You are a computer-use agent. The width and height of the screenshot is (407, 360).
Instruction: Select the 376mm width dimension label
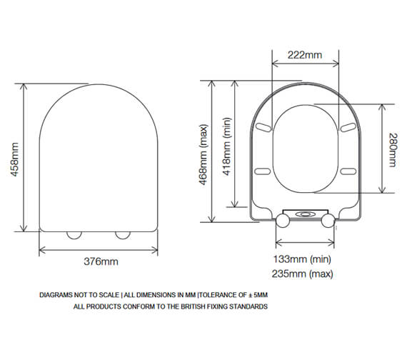tap(98, 261)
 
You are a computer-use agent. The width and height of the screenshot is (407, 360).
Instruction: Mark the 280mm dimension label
tap(391, 149)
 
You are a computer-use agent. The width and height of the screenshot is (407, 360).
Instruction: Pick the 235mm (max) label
tap(303, 274)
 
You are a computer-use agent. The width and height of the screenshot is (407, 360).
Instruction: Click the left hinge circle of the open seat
tap(282, 221)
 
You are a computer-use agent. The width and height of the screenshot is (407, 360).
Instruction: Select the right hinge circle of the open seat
tap(328, 221)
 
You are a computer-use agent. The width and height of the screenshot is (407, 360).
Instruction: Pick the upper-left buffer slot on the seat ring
tap(263, 126)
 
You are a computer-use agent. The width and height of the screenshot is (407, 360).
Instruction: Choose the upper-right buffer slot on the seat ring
tap(348, 126)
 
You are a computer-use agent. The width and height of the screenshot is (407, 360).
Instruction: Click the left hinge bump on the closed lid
tap(74, 234)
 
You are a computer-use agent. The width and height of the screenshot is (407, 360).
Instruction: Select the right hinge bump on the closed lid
tap(122, 234)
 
